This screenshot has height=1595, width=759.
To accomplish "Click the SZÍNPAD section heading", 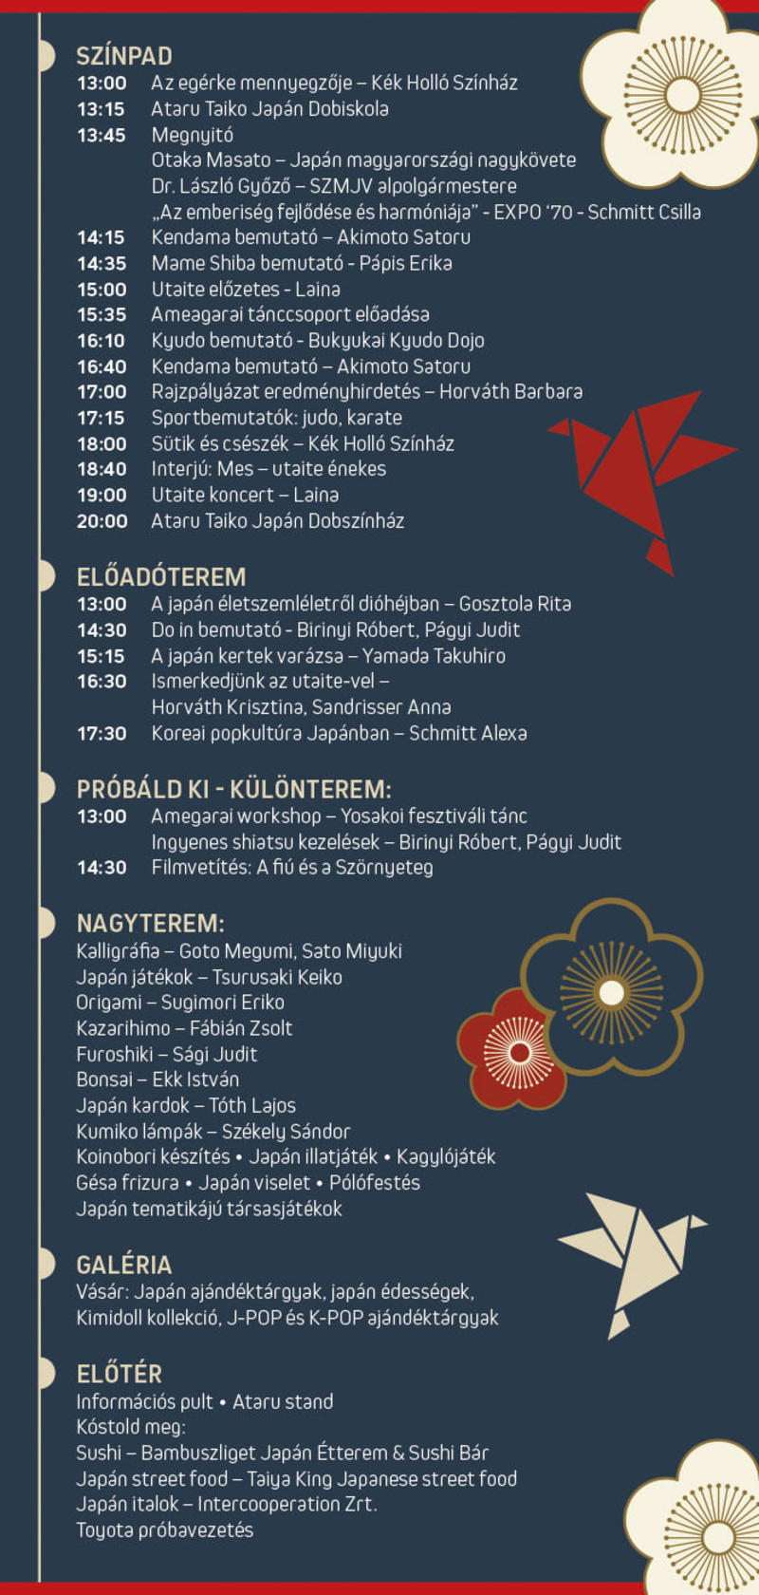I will pos(124,56).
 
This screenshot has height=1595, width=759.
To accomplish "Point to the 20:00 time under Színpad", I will pos(102,521).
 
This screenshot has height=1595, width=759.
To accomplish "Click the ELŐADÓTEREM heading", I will pos(161,577).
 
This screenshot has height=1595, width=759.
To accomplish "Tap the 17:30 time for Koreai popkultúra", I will pos(102,734).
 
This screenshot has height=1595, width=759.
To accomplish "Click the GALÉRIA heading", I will pos(124,1266).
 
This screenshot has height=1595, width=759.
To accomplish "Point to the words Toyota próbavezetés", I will pos(165,1530).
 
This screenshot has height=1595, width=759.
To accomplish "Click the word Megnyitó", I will pos(192,135).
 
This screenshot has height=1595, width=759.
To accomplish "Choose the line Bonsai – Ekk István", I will pos(157,1079).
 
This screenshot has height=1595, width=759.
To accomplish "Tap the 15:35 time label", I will pos(102,314).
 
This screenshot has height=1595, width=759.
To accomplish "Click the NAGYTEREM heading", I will pos(150,924).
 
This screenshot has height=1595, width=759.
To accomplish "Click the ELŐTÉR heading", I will pos(120,1374).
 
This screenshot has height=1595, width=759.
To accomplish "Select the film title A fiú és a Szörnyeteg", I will pos(345,868).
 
